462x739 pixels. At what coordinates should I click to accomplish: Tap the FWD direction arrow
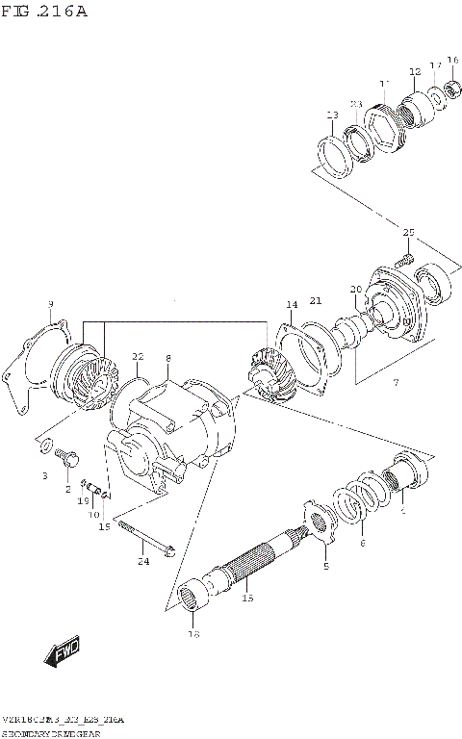point(64,653)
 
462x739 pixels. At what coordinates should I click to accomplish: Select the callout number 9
point(50,305)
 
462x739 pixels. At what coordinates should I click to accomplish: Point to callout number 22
point(137,356)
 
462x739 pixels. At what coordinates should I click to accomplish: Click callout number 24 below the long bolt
point(142,561)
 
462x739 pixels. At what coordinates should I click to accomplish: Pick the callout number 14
point(291,305)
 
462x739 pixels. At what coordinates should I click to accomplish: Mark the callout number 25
point(407,233)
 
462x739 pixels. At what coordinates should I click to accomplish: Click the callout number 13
point(332,115)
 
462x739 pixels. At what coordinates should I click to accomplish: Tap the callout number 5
point(325,567)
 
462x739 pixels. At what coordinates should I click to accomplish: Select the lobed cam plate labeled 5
point(320,521)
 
